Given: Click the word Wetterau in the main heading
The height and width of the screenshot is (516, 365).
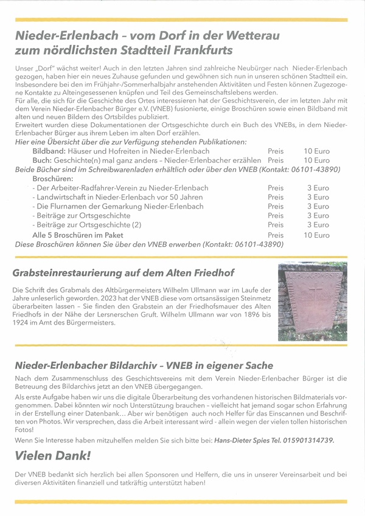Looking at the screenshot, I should click(x=233, y=36).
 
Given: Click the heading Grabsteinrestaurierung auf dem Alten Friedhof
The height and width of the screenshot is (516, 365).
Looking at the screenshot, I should click(x=123, y=273).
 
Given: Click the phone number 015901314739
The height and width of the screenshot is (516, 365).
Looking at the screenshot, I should click(x=307, y=439).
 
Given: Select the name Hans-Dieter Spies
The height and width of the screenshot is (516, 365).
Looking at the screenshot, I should click(x=242, y=439).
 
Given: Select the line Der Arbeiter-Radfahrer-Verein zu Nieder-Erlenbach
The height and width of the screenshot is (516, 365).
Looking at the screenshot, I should click(x=122, y=188).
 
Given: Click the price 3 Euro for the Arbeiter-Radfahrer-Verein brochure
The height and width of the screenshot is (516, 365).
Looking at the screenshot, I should click(x=318, y=188).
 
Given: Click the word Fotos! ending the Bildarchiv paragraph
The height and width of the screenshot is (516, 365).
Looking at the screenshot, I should click(x=24, y=428).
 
